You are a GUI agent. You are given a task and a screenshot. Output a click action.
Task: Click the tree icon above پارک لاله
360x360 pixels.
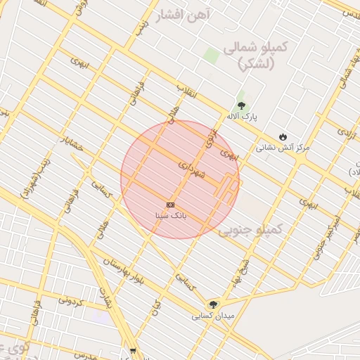242,105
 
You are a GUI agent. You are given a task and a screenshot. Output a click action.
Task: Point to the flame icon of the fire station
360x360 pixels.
283,136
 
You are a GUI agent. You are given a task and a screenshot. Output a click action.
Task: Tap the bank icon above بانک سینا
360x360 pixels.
170,204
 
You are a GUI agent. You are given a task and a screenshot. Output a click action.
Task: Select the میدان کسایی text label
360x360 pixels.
212,316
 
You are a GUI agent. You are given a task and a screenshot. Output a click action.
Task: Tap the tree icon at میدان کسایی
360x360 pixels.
213,305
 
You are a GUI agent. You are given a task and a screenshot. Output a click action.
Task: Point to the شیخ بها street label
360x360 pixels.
243,273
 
